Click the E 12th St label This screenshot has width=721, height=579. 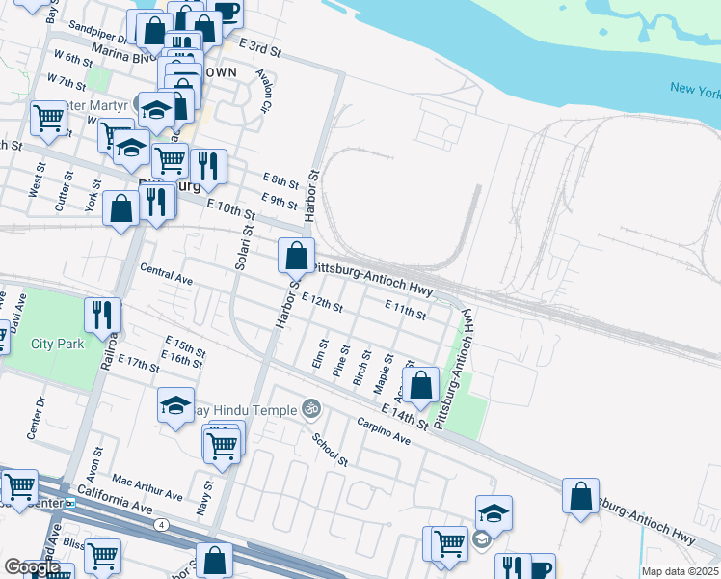pyautogui.click(x=322, y=304)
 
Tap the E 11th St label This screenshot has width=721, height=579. pyautogui.click(x=405, y=310)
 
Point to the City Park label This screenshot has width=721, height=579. pyautogui.click(x=57, y=344)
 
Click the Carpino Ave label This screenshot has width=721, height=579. pyautogui.click(x=384, y=431)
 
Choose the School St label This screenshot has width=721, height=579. pyautogui.click(x=330, y=447)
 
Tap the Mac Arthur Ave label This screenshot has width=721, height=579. pyautogui.click(x=147, y=486)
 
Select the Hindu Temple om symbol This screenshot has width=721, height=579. pyautogui.click(x=309, y=409)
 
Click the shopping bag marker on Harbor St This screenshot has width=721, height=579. pyautogui.click(x=296, y=258)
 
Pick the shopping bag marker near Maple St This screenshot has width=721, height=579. pyautogui.click(x=421, y=386)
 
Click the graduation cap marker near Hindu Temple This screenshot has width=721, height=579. pyautogui.click(x=175, y=406)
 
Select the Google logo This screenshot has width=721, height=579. pyautogui.click(x=32, y=567)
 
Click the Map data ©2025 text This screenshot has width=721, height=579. pyautogui.click(x=679, y=571)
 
